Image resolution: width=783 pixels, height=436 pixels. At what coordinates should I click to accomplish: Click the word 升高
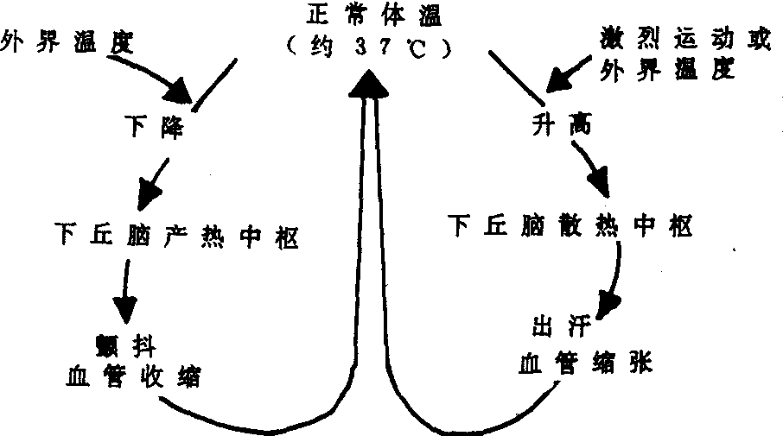click(x=558, y=128)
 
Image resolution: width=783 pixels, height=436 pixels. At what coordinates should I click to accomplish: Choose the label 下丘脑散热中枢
click(x=570, y=227)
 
